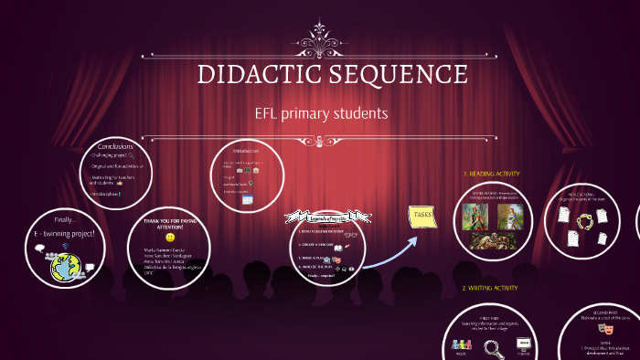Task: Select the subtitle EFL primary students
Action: pyautogui.click(x=321, y=113)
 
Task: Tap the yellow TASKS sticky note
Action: pyautogui.click(x=422, y=216)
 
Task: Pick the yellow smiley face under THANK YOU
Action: pyautogui.click(x=170, y=237)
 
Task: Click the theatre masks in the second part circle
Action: pyautogui.click(x=603, y=327)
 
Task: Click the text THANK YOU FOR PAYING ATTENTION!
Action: pyautogui.click(x=170, y=224)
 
